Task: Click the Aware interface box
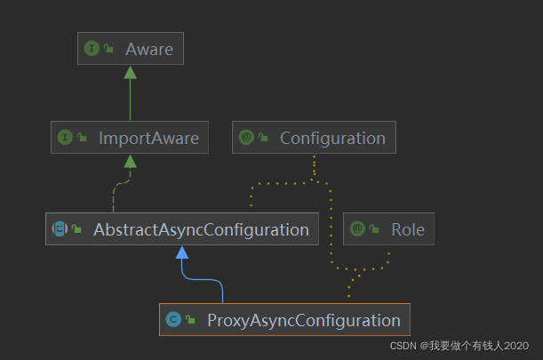(x=130, y=49)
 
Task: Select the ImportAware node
(x=131, y=138)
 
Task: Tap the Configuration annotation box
(x=314, y=138)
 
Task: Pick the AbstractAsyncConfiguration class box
(x=181, y=229)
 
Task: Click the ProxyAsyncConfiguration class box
(x=284, y=320)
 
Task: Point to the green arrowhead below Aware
(x=130, y=71)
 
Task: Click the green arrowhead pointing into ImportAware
(x=130, y=161)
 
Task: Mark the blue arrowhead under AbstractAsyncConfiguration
(x=182, y=252)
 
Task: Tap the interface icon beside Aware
(x=91, y=49)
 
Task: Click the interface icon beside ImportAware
(x=64, y=138)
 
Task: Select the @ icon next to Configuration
(x=246, y=138)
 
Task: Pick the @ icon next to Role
(x=357, y=229)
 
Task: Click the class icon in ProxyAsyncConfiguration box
(x=173, y=320)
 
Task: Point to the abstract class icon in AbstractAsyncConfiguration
(x=60, y=229)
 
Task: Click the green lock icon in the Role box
(x=374, y=230)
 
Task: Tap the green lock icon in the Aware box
(x=108, y=50)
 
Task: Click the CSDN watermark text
(x=461, y=346)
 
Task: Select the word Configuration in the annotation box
(x=332, y=138)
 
